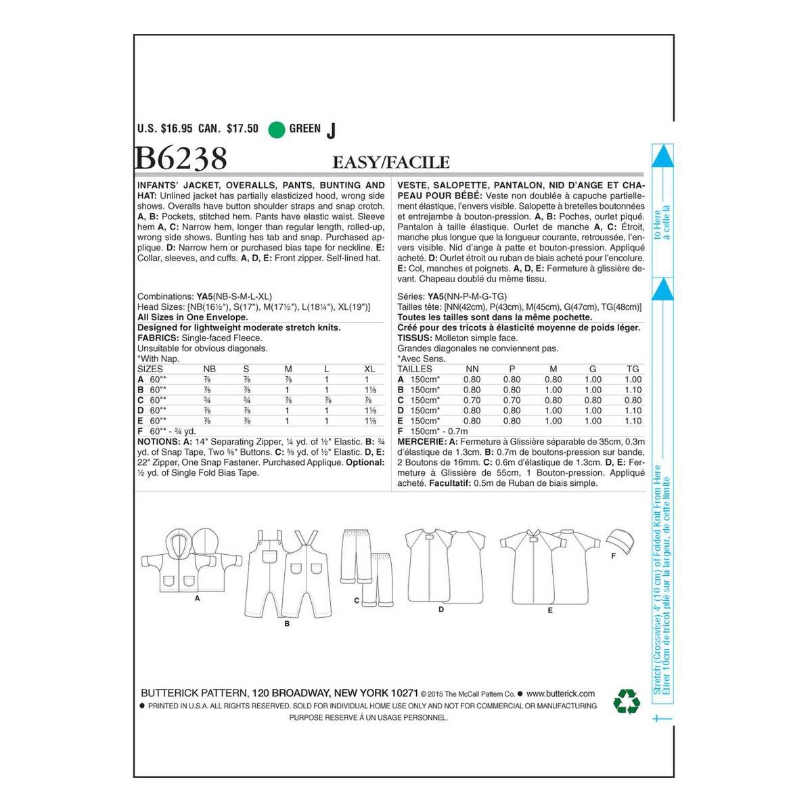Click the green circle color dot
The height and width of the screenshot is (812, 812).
pos(276,129)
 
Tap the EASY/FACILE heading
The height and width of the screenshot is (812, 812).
pos(390,162)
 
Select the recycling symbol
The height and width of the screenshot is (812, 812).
pos(626,702)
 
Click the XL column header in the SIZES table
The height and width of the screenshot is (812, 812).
pos(369,369)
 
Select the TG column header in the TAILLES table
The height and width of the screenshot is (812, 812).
pos(633,369)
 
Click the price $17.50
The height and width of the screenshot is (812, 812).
pos(242,129)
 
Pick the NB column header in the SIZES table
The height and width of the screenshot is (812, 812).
pos(210,369)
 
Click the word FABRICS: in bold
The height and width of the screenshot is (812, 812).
pos(158,338)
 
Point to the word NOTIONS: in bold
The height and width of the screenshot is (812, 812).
pos(158,442)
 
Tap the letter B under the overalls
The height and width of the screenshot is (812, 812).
pos(287,624)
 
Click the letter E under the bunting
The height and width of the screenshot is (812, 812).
pos(550,610)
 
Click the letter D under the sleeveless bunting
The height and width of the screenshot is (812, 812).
pos(441,610)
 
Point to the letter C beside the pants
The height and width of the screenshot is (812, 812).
pos(356,600)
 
